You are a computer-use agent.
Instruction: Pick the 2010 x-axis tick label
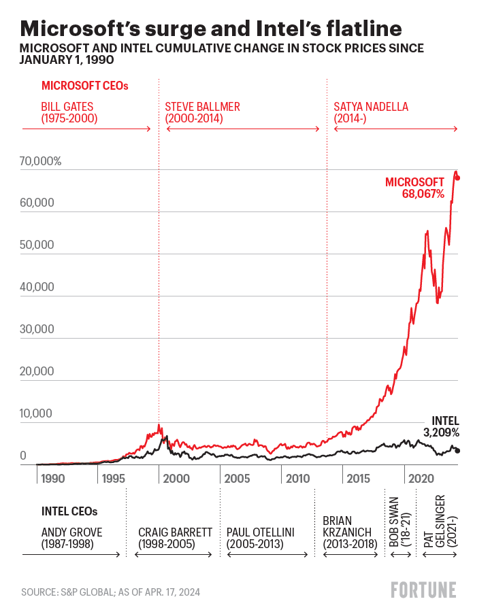tap(297, 479)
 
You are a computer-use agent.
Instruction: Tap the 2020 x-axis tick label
tap(420, 479)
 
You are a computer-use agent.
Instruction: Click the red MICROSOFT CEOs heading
tap(84, 86)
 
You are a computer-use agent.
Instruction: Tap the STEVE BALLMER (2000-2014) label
tap(203, 113)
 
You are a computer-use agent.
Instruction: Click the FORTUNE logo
tap(423, 590)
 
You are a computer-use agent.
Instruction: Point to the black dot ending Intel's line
tap(458, 451)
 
